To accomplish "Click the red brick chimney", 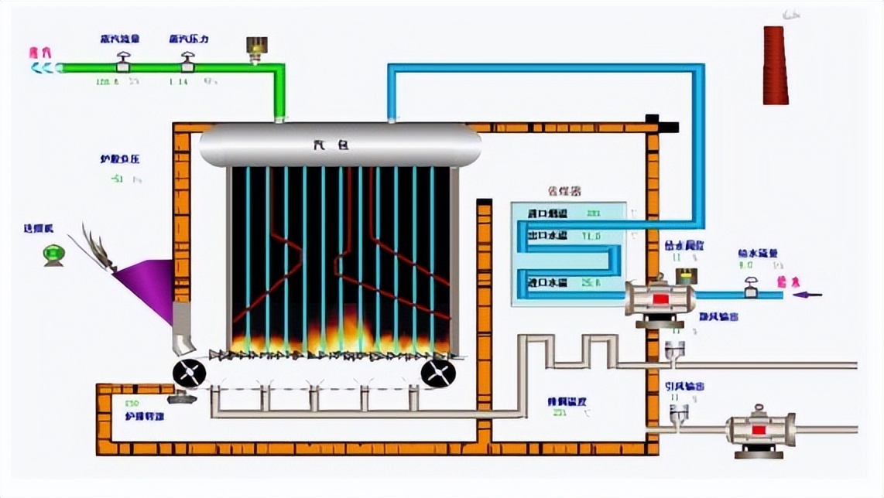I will click(x=775, y=65).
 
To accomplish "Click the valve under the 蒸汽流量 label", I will click(x=122, y=60).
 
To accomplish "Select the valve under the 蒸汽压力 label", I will click(x=188, y=60).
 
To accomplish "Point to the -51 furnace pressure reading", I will click(x=118, y=179).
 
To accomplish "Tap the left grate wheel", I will click(x=189, y=373).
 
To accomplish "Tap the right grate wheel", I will click(x=438, y=373).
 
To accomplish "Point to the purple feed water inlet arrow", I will click(x=807, y=294).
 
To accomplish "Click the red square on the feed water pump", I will click(x=660, y=298).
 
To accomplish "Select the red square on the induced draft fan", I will click(x=759, y=429).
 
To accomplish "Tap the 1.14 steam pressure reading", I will click(x=179, y=80).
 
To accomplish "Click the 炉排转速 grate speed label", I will click(x=145, y=416).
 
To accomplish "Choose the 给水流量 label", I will click(x=757, y=252).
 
